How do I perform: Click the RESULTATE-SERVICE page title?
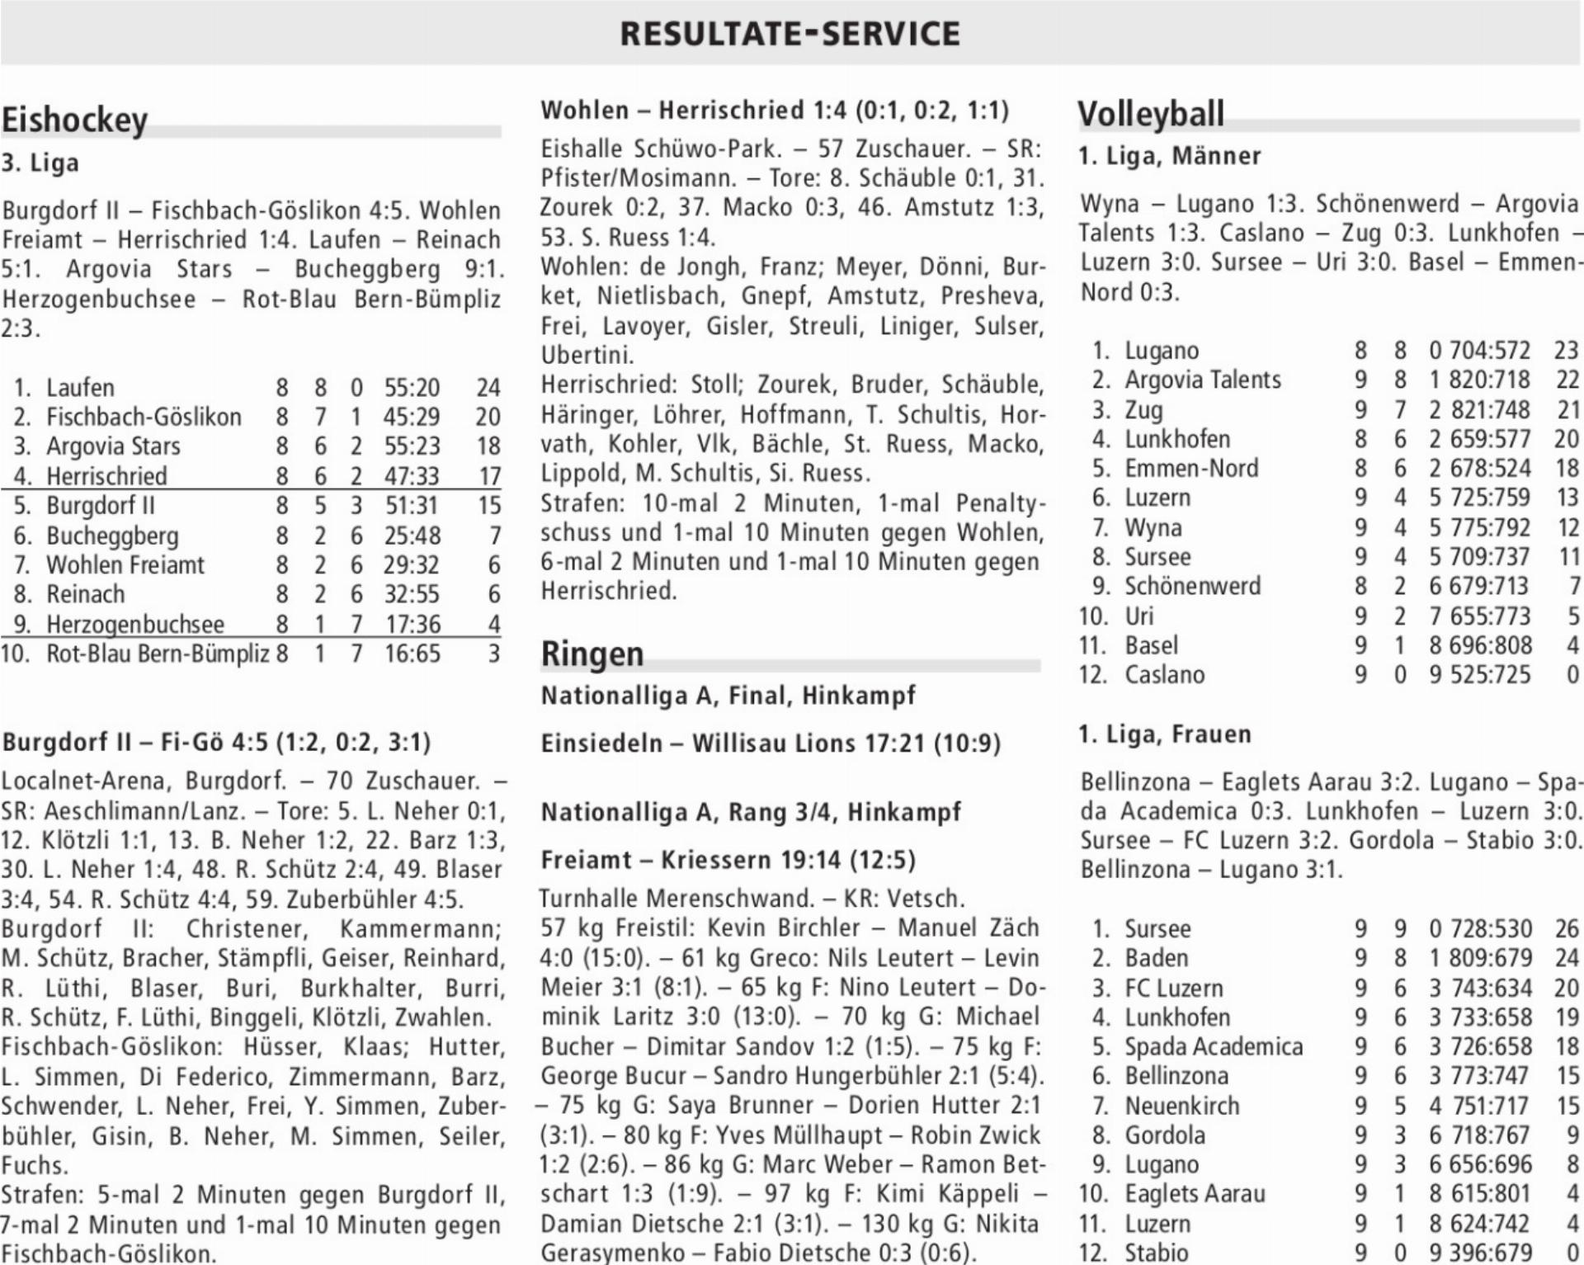coord(790,34)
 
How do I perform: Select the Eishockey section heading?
coord(74,120)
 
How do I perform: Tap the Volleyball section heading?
coord(1151,114)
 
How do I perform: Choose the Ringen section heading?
coord(592,654)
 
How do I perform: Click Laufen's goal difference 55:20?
coord(412,387)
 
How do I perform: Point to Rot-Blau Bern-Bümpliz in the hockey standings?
coord(158,654)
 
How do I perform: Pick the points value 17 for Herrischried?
coord(489,476)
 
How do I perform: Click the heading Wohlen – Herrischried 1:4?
coord(774,111)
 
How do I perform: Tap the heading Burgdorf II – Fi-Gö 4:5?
coord(216,742)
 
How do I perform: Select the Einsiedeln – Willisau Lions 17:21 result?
coord(770,743)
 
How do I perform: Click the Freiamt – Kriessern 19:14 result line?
coord(728,860)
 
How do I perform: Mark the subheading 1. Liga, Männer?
coord(1170,156)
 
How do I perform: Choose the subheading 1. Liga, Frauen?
coord(1165,734)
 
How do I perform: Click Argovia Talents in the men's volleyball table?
coord(1203,380)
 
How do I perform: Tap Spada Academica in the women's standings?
coord(1214,1046)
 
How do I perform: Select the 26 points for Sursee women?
coord(1566,928)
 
